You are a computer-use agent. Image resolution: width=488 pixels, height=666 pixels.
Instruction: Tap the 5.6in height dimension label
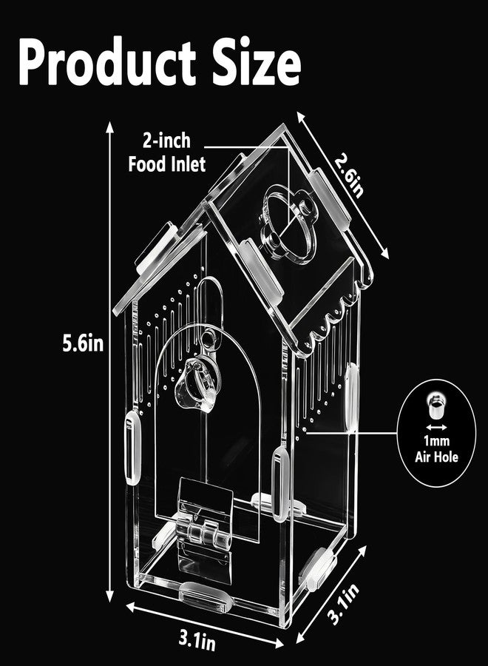pos(83,343)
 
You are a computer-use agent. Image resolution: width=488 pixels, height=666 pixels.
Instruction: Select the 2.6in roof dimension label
pos(350,175)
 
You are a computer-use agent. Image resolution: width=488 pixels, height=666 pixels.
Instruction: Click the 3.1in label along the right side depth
pos(344,603)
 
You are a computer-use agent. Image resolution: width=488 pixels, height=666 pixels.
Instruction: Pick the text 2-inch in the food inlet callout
pos(167,141)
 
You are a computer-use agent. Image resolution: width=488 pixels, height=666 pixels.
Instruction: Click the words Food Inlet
pos(167,164)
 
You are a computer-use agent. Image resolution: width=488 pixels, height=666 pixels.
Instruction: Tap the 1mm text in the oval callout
pos(437,440)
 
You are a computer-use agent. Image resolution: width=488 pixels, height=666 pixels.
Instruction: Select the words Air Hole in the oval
pos(437,457)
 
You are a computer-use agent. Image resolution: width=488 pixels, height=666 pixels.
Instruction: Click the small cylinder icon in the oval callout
pos(436,406)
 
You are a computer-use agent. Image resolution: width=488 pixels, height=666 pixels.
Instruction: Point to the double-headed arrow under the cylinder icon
pos(436,427)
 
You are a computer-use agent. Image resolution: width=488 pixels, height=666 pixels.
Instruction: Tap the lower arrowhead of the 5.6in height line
pos(110,597)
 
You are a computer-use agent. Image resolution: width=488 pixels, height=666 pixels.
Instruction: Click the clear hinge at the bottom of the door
pos(206,531)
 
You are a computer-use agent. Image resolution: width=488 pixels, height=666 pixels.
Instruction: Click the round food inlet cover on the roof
pos(288,225)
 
